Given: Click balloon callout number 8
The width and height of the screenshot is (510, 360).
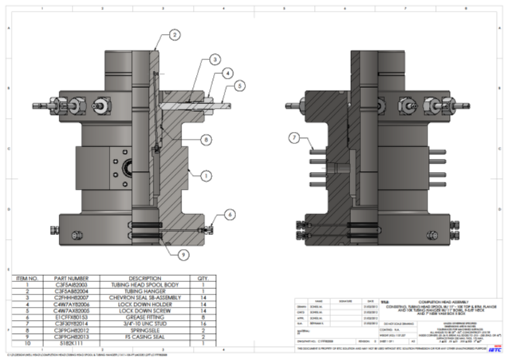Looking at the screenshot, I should coord(206,140).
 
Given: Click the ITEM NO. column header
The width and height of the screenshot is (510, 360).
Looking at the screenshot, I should coord(27,278).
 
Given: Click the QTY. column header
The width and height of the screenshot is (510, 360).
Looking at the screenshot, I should coord(204,278).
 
